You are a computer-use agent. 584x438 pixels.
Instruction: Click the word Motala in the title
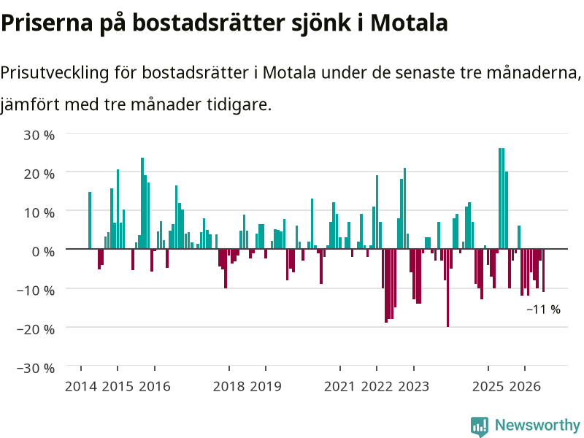coord(409,23)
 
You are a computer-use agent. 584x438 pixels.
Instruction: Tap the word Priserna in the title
coord(47,23)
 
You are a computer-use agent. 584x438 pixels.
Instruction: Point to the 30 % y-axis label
coord(39,135)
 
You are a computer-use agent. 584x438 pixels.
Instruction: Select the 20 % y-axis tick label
coord(39,174)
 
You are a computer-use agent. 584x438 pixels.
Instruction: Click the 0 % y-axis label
coord(43,251)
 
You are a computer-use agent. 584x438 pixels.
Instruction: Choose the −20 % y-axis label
coord(36,329)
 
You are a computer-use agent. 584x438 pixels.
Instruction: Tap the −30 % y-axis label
coord(36,368)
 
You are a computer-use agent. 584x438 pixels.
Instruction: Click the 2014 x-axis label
coord(81,386)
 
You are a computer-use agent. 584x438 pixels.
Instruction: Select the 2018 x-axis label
coord(228,386)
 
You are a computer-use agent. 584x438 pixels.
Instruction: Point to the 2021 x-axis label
coord(339,386)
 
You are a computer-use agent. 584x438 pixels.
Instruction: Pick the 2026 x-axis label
coord(525,386)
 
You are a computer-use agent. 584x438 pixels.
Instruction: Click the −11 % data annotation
coord(543,309)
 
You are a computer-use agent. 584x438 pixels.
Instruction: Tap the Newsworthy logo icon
coord(480,426)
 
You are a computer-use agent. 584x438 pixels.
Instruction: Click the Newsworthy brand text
coord(537,425)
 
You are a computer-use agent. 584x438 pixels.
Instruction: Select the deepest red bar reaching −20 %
coord(447,288)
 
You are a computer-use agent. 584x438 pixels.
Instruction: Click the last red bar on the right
coord(543,270)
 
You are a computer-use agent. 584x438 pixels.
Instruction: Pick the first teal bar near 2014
coord(90,220)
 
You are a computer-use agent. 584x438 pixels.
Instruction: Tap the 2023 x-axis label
coord(413,386)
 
